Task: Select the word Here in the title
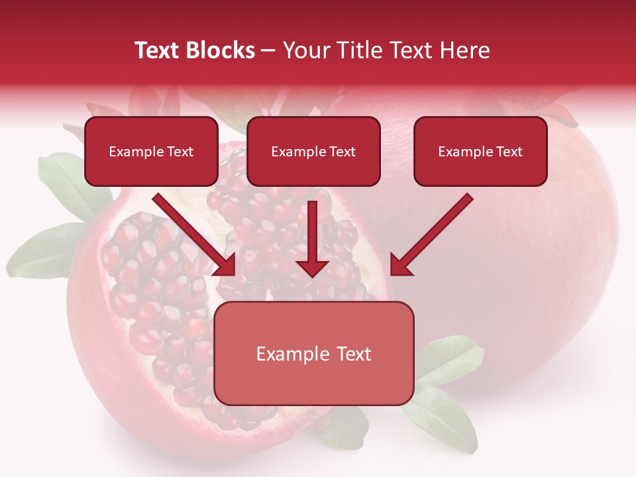pos(463,50)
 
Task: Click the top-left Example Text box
pos(151,152)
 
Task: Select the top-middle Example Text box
pos(313,152)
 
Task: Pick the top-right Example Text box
pos(480,152)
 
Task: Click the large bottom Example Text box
pos(314,354)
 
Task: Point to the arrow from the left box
pos(192,233)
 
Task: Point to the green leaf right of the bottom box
pos(450,358)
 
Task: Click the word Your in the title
pos(306,50)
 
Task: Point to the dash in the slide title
pos(268,50)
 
